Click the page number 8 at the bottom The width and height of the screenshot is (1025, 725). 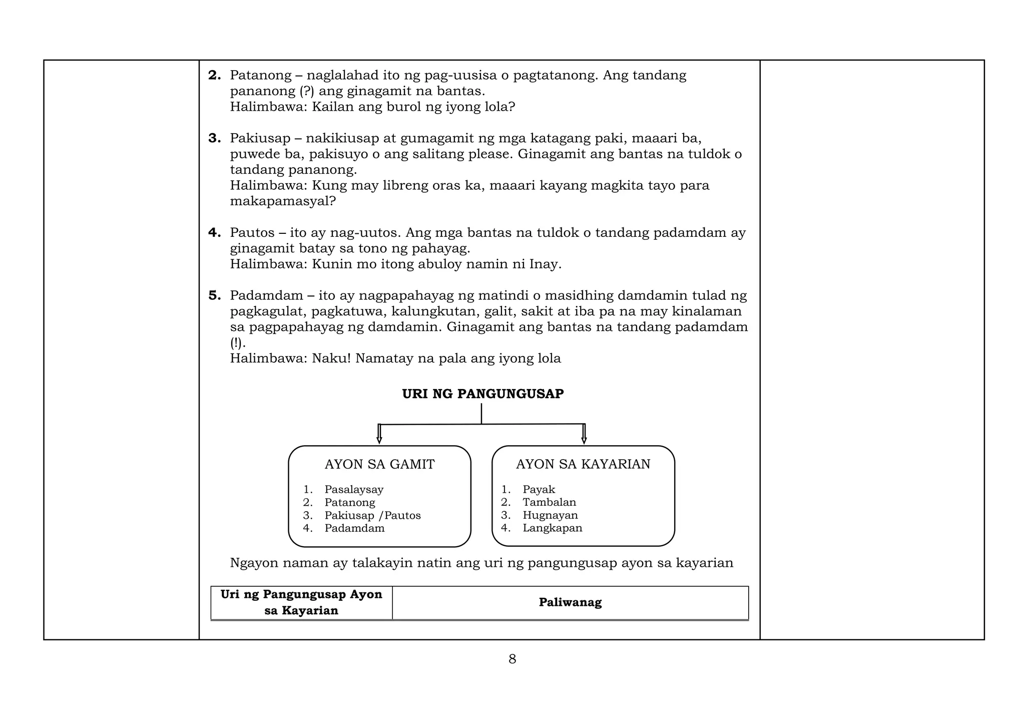pos(512,659)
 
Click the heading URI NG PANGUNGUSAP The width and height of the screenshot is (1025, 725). pos(482,394)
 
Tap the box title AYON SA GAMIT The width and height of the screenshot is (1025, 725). pos(379,465)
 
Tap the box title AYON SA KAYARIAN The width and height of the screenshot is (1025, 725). pos(583,465)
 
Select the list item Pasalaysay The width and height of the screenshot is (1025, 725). pos(354,489)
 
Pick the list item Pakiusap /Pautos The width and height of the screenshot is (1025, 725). pos(372,515)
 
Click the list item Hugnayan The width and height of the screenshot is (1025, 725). pos(550,515)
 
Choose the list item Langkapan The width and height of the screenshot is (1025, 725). pos(552,528)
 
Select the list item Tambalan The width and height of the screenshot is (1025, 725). pos(549,502)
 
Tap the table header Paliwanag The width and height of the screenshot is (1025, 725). pos(570,602)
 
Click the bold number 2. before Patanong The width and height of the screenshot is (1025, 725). pos(215,76)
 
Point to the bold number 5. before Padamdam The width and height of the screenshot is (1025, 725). pos(215,295)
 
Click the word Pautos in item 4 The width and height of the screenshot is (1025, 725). pos(252,233)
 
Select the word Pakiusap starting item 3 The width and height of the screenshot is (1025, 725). pos(260,138)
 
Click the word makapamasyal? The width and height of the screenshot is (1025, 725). pos(283,201)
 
